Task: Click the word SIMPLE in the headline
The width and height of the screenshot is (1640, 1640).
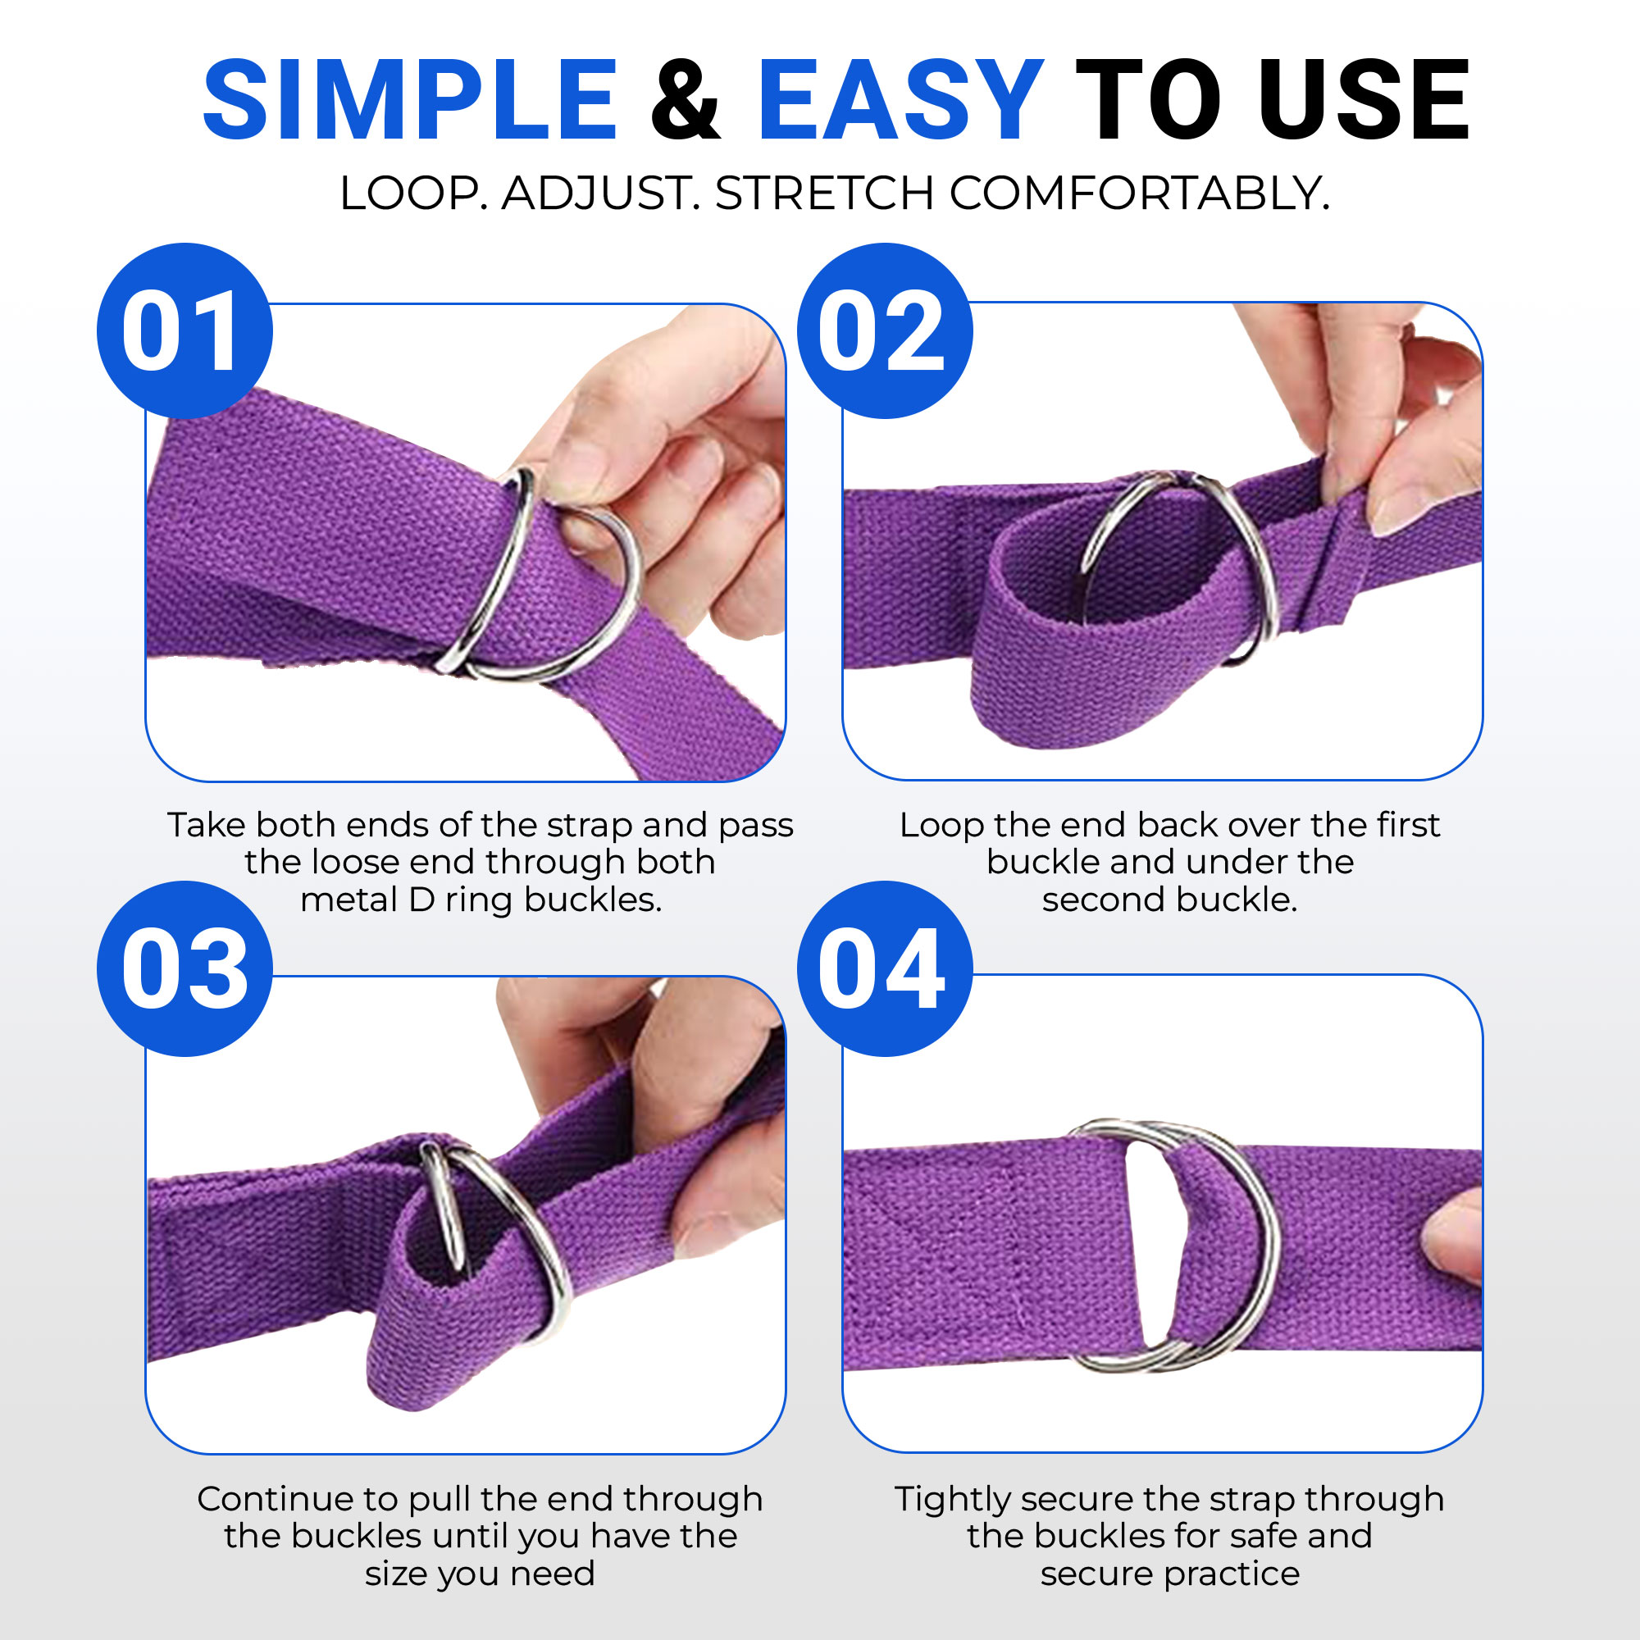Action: tap(410, 100)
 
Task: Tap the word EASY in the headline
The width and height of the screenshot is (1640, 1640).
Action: tap(900, 100)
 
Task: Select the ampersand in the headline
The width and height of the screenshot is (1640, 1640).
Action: tap(686, 100)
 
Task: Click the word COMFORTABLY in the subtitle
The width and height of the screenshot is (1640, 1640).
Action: tap(1139, 194)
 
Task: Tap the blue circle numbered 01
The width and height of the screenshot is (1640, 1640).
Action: tap(185, 331)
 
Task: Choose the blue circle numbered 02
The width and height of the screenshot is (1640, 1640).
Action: tap(886, 331)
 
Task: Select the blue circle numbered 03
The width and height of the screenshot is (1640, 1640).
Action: tap(185, 968)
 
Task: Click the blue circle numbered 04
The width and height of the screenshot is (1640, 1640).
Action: tap(886, 968)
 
